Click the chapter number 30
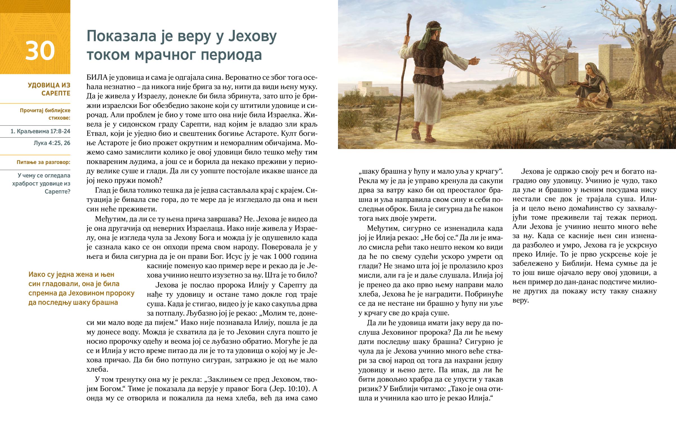(40, 51)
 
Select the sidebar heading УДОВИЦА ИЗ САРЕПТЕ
(49, 89)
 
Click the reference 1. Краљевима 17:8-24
(40, 131)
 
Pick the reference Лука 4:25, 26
(52, 143)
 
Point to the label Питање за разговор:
(43, 162)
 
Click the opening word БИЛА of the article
(97, 78)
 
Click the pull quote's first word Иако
(37, 275)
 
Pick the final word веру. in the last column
(520, 300)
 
